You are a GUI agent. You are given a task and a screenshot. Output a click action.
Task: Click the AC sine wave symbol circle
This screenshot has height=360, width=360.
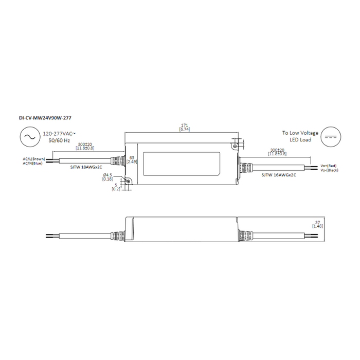click(28, 137)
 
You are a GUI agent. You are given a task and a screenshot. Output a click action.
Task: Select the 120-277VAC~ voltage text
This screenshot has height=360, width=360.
click(60, 133)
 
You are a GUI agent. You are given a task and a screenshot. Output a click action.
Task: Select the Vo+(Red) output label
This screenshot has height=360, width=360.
click(328, 166)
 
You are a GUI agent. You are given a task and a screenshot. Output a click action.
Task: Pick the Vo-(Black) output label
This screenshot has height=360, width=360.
click(329, 170)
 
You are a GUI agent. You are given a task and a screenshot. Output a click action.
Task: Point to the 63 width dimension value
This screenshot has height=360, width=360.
click(131, 157)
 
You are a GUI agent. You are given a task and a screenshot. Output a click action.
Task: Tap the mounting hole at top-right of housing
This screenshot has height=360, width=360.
click(235, 147)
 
